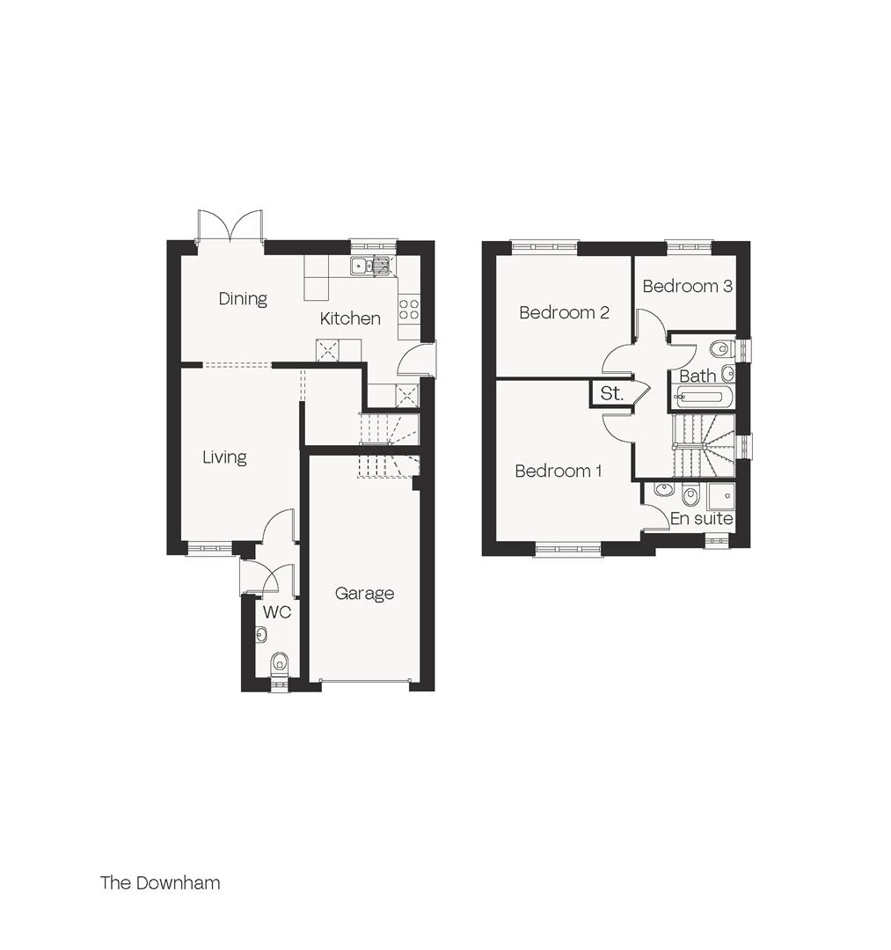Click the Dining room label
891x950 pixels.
[x=243, y=299]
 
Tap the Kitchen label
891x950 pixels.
[x=350, y=318]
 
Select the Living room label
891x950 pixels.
[x=224, y=457]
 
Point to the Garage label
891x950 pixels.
[x=364, y=594]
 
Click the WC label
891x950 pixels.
[x=277, y=612]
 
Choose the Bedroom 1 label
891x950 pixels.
[x=558, y=471]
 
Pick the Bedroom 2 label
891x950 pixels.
[x=564, y=313]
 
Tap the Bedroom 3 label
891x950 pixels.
[x=687, y=287]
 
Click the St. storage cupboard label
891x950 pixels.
[x=611, y=394]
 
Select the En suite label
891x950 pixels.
[x=701, y=519]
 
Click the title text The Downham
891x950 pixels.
[x=160, y=883]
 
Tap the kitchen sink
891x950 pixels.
[x=369, y=265]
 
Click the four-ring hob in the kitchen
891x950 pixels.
[x=409, y=309]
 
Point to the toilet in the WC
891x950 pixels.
[x=280, y=662]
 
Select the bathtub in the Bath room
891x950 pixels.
[x=700, y=398]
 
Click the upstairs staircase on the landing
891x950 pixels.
[x=702, y=445]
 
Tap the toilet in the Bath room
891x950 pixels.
[x=722, y=347]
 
